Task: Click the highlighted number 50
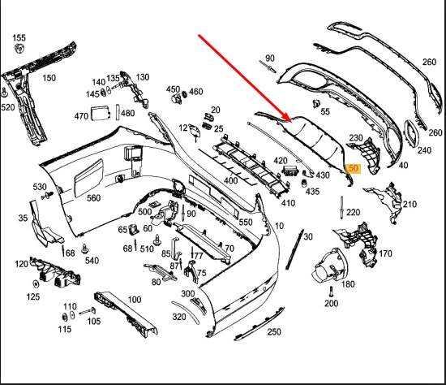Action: click(x=353, y=168)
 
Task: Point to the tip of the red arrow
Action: click(x=292, y=122)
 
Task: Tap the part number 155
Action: click(x=19, y=37)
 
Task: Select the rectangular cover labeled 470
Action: click(x=100, y=114)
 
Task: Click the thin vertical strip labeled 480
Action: click(x=118, y=113)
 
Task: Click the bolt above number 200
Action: click(x=331, y=292)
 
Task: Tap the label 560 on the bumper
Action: click(x=93, y=197)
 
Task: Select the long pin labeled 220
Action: click(x=341, y=207)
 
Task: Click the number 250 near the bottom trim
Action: click(x=274, y=331)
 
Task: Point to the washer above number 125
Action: click(x=36, y=284)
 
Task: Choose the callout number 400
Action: click(x=230, y=180)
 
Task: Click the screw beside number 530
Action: click(x=48, y=195)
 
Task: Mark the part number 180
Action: click(x=348, y=284)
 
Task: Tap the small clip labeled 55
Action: click(x=316, y=103)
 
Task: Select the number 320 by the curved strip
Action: click(x=179, y=317)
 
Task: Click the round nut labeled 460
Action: click(x=184, y=93)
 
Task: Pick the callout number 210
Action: click(x=410, y=204)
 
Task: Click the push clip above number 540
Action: click(x=84, y=249)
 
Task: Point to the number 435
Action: click(x=312, y=192)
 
